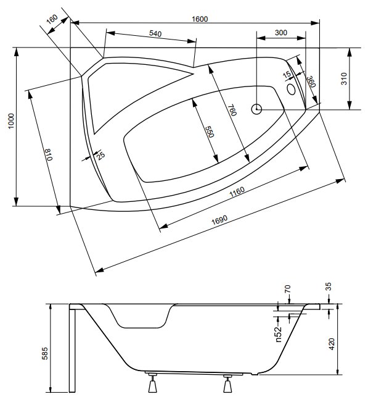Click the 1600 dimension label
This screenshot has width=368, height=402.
(200, 19)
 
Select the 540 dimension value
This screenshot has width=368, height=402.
(155, 33)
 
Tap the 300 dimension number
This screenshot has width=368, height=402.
(280, 33)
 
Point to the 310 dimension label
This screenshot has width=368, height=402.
(344, 78)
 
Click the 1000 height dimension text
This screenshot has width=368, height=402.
(11, 121)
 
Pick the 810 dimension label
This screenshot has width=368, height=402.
(49, 154)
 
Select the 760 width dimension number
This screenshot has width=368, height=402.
(232, 110)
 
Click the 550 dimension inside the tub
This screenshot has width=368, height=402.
(209, 132)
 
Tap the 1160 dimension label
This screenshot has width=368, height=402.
(237, 192)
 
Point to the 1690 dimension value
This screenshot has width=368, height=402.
(219, 219)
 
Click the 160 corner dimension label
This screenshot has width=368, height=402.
(52, 19)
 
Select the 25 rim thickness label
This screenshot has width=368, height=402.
(100, 156)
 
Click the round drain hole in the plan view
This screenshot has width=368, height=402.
(256, 109)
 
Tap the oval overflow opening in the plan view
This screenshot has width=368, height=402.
(291, 89)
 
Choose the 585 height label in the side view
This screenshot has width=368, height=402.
(44, 353)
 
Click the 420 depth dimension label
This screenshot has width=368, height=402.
(332, 344)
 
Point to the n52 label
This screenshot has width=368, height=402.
(279, 334)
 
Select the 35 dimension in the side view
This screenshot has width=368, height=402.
(329, 287)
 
